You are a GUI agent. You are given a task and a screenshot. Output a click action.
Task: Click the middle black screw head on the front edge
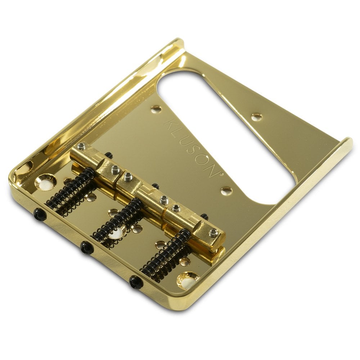point(86,247)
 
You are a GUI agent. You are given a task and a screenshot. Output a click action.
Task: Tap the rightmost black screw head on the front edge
point(136,282)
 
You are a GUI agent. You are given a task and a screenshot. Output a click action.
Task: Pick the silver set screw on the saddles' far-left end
point(82,146)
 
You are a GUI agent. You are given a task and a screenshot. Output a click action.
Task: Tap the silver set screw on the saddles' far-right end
point(213,233)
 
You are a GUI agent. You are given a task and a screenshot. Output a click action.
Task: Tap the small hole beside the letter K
point(156,109)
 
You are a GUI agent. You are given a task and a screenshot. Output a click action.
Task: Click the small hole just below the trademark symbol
point(226,190)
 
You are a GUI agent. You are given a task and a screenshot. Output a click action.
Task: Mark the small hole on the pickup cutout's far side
point(256,117)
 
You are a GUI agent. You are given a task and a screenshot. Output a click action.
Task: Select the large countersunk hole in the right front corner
point(188,280)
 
